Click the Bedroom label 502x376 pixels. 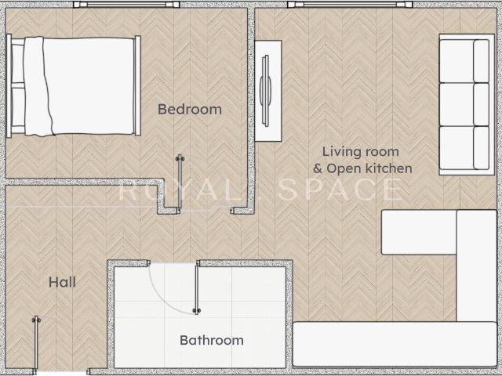pos(190,110)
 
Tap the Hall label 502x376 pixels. pos(62,282)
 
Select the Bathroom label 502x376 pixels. pos(212,340)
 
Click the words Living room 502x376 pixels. pos(361,151)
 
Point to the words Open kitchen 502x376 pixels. pos(369,168)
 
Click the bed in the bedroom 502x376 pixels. pos(74,85)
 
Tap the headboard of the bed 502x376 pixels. pos(9,85)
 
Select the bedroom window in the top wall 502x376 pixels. pos(126,5)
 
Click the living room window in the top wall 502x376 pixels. pos(350,5)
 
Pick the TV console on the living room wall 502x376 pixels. pos(268,91)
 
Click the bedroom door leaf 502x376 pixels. pos(180,184)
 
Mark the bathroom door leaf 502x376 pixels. pos(197,287)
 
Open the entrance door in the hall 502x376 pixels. pos(36,345)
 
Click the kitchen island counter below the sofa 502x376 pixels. pos(419,232)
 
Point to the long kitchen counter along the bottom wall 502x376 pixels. pos(395,344)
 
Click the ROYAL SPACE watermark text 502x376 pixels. pos(260,190)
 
